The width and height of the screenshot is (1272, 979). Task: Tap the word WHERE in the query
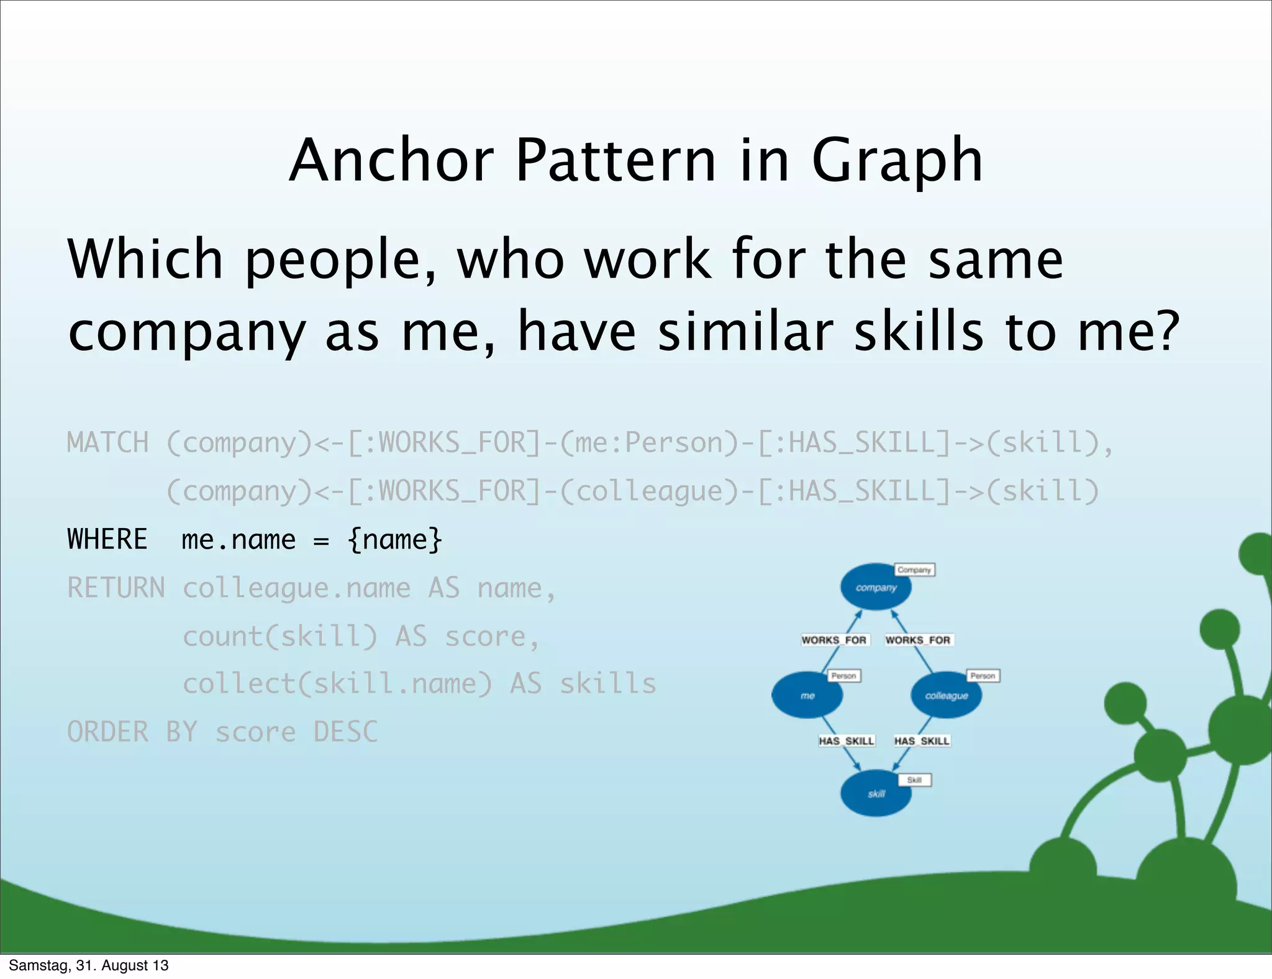tap(107, 539)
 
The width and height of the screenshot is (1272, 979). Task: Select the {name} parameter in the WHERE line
tap(395, 539)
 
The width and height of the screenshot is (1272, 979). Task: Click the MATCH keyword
tap(107, 443)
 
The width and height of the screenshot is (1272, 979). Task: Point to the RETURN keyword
tap(116, 588)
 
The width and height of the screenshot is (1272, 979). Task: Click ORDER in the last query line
tap(107, 732)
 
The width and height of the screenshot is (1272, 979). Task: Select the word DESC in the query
tap(345, 732)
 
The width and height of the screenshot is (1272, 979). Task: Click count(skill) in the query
tap(279, 636)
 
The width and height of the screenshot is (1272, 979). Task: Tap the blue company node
tap(875, 587)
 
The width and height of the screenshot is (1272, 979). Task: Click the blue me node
tap(807, 695)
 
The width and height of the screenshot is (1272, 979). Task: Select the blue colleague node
tap(946, 695)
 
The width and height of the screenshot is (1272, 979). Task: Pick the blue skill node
tap(875, 793)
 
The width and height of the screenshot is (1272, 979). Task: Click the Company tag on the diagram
tap(914, 570)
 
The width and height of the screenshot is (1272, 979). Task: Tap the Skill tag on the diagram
tap(914, 780)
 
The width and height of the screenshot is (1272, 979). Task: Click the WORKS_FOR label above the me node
tap(834, 640)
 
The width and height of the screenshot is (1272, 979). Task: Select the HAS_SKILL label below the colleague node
tap(922, 740)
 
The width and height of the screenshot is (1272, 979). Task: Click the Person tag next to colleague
tap(983, 675)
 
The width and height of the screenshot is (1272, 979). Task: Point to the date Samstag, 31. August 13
tap(89, 965)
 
